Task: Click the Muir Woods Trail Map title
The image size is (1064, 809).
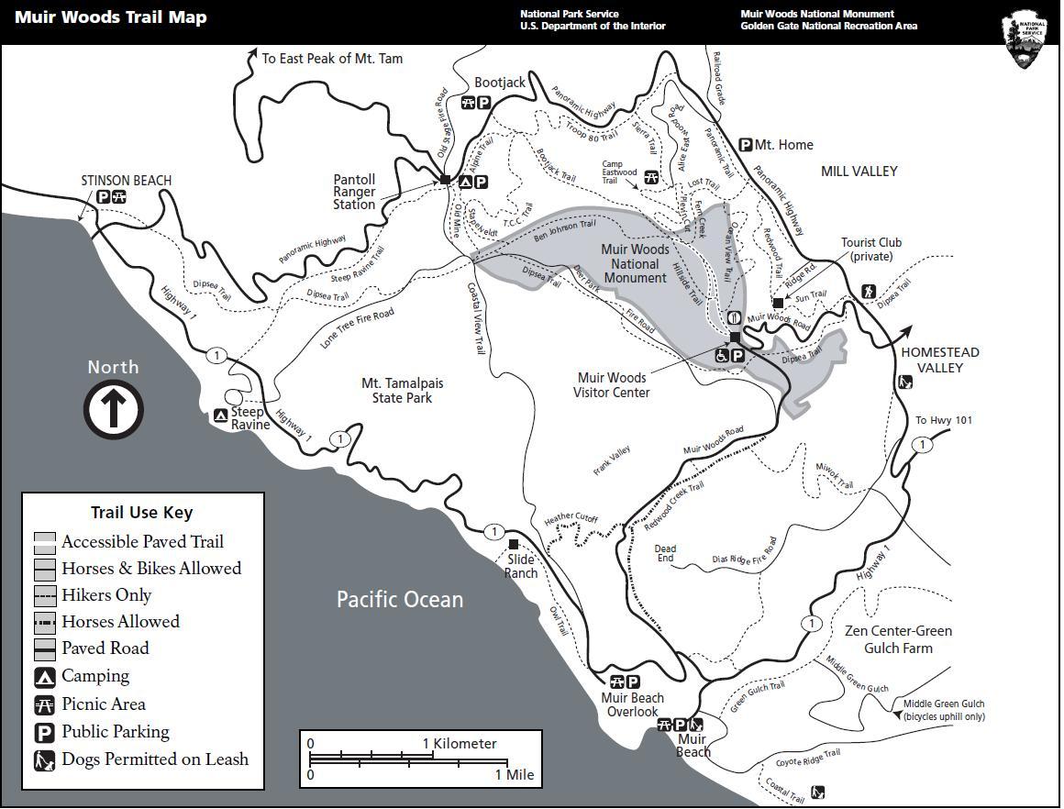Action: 111,17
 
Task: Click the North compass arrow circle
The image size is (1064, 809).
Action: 114,409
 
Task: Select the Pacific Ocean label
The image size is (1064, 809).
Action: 400,600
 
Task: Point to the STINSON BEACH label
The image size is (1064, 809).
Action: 127,181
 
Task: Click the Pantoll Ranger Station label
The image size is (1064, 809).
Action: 354,192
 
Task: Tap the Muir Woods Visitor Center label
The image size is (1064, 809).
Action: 612,385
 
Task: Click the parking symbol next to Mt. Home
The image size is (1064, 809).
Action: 746,145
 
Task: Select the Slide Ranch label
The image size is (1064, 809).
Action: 521,567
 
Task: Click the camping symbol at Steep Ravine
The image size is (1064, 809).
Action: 221,416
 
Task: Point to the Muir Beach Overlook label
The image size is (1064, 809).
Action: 632,704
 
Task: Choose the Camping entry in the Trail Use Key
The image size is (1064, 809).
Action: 95,677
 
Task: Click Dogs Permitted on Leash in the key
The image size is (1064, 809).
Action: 154,759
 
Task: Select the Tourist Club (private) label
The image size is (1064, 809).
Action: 871,249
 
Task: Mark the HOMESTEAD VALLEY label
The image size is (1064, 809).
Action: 940,360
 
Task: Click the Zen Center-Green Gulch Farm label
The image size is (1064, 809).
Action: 898,639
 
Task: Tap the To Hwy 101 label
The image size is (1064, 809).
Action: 944,421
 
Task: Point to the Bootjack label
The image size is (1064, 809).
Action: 500,83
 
